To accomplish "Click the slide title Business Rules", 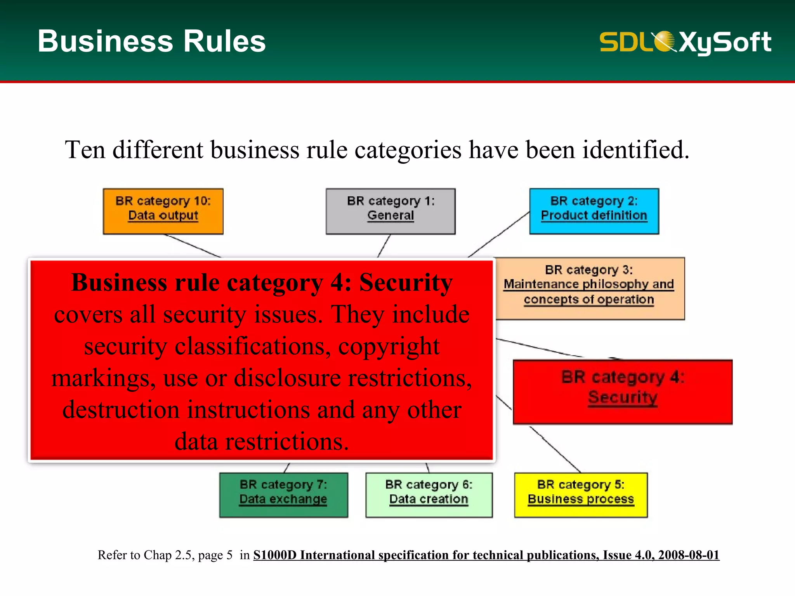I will (x=151, y=41).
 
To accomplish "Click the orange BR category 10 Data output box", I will (x=163, y=211).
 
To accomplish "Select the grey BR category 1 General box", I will (x=391, y=211).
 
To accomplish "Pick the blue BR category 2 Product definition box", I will (x=594, y=211).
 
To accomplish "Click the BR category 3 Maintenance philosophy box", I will (x=589, y=288).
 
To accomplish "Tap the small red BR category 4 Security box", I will (x=622, y=392).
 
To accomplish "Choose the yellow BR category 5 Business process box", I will (x=581, y=495).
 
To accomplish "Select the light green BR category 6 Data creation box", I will (x=429, y=495).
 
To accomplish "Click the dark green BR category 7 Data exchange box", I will (x=283, y=495).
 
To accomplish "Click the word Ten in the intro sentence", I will (x=85, y=150).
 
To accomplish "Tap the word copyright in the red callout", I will (x=389, y=346).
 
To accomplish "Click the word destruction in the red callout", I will (x=121, y=410).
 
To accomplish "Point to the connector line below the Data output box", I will (x=193, y=246).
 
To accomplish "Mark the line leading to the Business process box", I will (x=555, y=449).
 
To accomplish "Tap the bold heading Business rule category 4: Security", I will (x=262, y=282).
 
